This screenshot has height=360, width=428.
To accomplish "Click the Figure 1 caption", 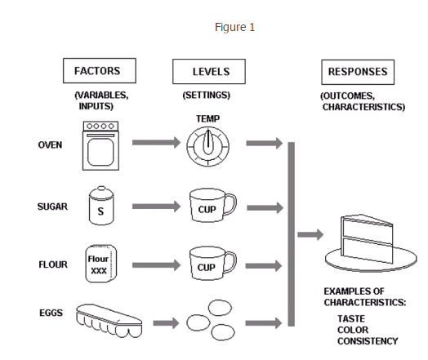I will pos(235,28).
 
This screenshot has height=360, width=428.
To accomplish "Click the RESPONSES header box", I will pos(357,72).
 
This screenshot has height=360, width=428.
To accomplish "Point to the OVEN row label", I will pos(50,145).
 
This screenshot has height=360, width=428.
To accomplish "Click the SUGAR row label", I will pos(51,207).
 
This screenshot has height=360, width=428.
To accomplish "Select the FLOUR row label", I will pos(51,264).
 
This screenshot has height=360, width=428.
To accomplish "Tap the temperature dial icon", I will pos(207,147).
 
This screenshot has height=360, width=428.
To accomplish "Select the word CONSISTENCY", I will pos(368,340).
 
